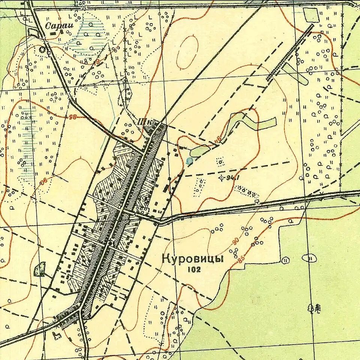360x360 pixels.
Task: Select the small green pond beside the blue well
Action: pyautogui.click(x=199, y=151)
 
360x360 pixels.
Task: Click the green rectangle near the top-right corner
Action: pyautogui.click(x=310, y=15)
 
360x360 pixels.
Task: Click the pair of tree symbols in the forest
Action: pyautogui.click(x=314, y=308)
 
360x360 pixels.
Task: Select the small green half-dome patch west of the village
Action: pyautogui.click(x=39, y=270)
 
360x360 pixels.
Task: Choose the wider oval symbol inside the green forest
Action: pyautogui.click(x=309, y=258)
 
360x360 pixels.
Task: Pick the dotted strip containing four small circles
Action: pyautogui.click(x=247, y=191)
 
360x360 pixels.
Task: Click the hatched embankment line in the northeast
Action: pyautogui.click(x=289, y=52)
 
